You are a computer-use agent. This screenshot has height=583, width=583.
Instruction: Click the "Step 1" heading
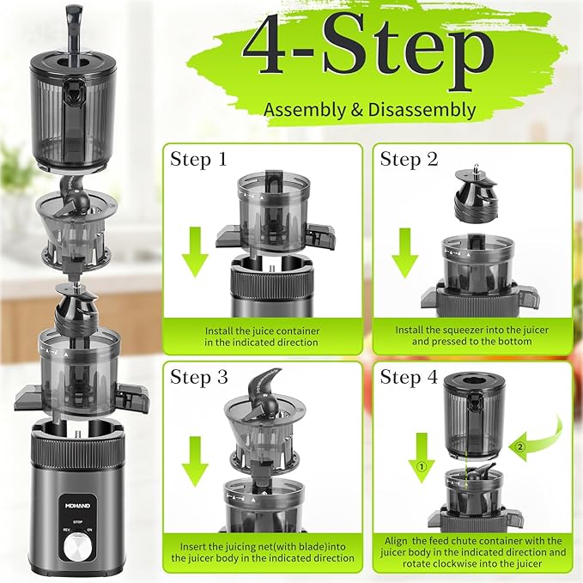pos(198,160)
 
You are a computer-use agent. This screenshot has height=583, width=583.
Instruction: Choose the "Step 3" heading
pos(198,378)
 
